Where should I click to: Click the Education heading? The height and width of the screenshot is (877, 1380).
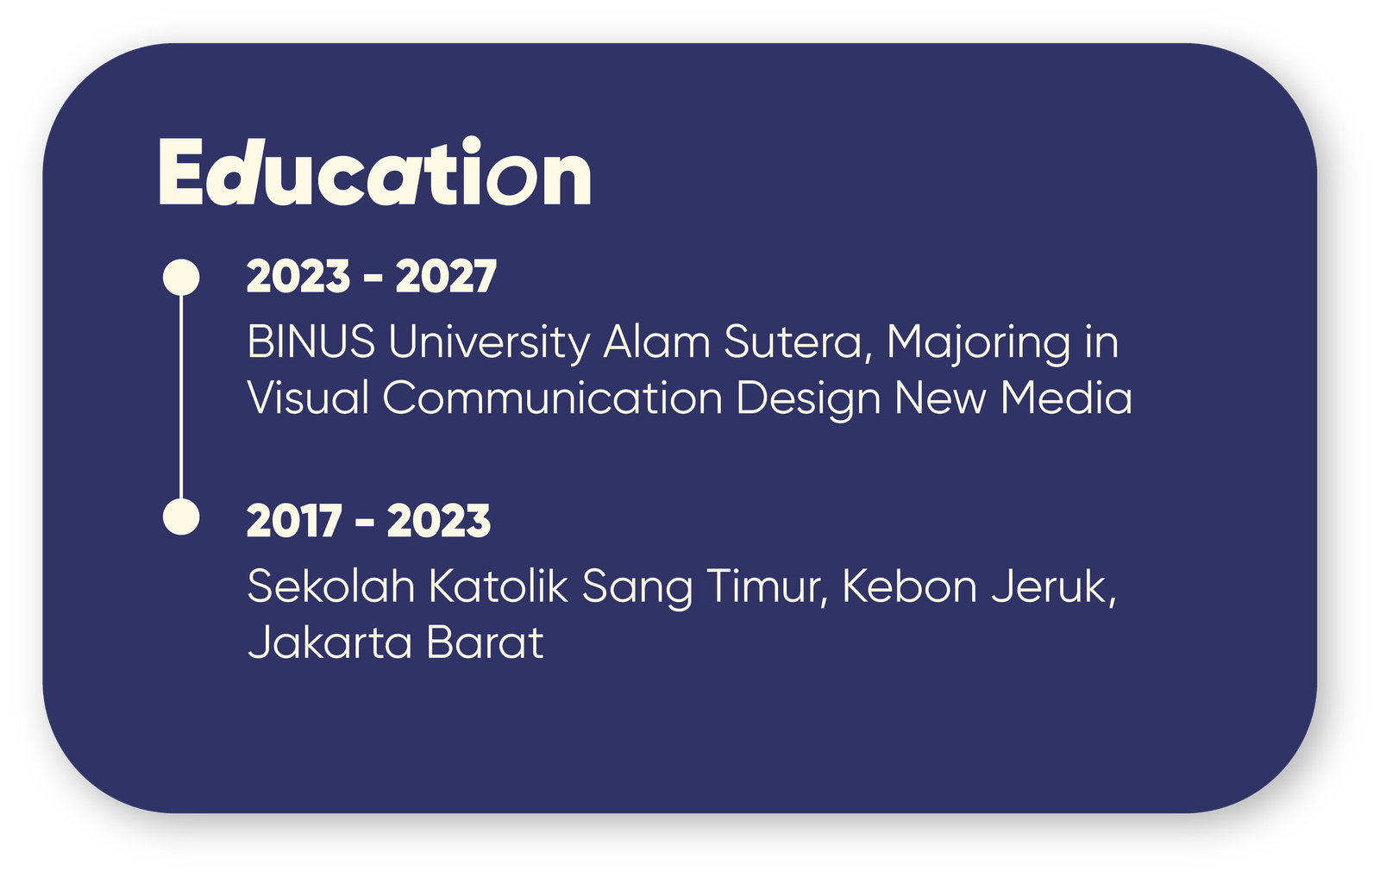click(x=374, y=172)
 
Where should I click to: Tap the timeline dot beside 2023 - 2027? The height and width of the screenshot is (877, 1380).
click(x=181, y=277)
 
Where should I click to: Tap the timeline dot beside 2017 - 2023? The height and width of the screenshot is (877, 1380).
click(x=181, y=517)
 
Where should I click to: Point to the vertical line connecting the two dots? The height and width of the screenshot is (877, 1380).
click(x=181, y=398)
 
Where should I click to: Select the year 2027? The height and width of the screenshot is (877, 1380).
click(x=446, y=277)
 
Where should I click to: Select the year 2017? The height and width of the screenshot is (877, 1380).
click(x=294, y=521)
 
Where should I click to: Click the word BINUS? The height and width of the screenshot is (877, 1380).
click(x=311, y=341)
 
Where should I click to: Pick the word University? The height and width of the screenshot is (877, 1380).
click(x=489, y=344)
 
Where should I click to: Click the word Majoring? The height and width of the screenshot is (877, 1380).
click(x=979, y=344)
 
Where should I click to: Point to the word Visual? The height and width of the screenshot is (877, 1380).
click(x=308, y=398)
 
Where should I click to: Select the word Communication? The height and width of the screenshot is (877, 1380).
click(x=553, y=398)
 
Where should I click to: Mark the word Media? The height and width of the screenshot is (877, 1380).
click(x=1066, y=398)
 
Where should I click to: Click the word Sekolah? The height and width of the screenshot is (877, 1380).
click(x=331, y=586)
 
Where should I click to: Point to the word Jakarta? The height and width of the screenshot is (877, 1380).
click(x=329, y=642)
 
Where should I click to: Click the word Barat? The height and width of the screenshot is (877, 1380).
click(x=485, y=642)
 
